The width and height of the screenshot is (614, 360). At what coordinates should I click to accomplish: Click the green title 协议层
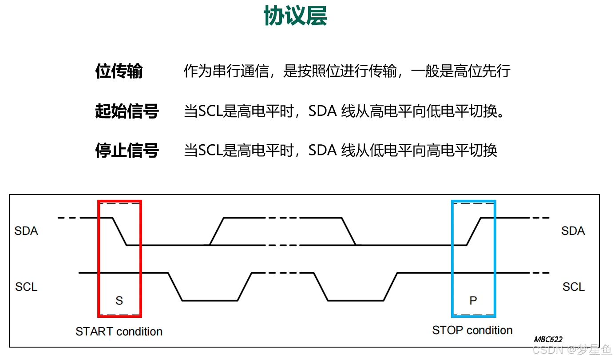(x=295, y=16)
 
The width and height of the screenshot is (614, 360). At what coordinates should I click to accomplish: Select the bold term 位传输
(x=119, y=71)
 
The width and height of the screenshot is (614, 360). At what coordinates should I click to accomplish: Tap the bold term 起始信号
(x=127, y=111)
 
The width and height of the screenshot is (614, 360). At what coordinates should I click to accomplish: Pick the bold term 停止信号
(x=127, y=151)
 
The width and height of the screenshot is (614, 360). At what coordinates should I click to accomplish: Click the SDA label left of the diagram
(x=26, y=231)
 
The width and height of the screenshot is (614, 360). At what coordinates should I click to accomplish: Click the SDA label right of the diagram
(x=573, y=231)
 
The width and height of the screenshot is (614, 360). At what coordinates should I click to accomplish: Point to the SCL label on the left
(x=26, y=287)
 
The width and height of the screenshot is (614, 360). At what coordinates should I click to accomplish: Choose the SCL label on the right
(x=573, y=287)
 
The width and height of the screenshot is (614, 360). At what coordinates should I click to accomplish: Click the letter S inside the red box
(x=119, y=301)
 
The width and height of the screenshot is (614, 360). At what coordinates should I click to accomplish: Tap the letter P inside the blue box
(x=473, y=301)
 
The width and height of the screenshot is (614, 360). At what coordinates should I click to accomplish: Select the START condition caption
(x=119, y=332)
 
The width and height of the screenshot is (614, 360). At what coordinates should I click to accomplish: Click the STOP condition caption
(x=472, y=330)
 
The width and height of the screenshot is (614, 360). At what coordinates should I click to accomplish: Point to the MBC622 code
(x=548, y=339)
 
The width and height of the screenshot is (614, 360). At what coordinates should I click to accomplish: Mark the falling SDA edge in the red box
(x=120, y=231)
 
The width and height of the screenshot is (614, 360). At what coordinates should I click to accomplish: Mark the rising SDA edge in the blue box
(x=474, y=231)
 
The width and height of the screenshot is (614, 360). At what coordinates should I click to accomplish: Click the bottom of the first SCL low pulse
(x=210, y=301)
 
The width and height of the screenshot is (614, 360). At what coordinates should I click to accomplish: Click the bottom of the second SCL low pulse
(x=356, y=301)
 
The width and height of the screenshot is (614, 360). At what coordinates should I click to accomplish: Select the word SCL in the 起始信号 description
(x=210, y=111)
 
